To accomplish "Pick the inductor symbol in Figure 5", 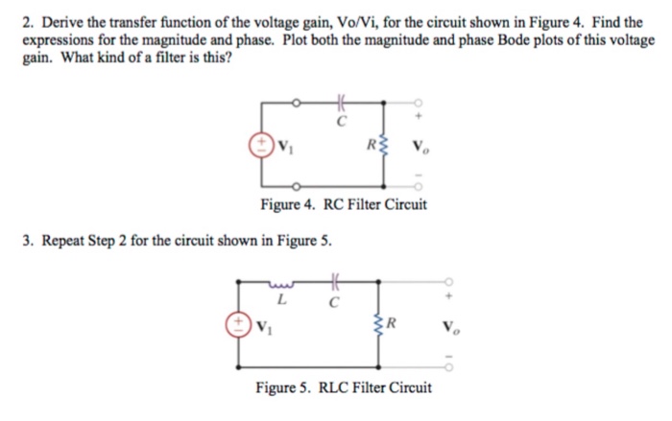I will [280, 283].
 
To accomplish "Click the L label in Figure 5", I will [279, 300].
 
